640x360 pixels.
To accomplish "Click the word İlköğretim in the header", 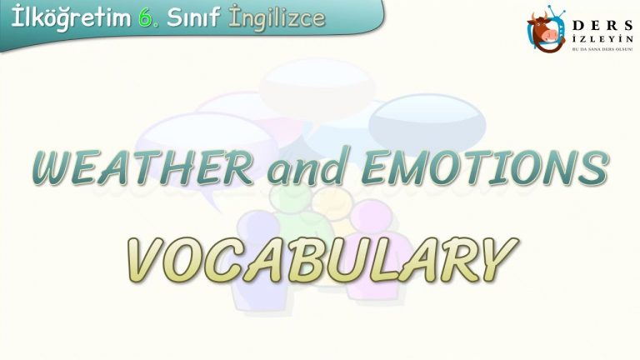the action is click(71, 19).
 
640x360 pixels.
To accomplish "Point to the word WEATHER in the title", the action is click(142, 167).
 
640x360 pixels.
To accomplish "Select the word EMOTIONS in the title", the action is click(485, 167).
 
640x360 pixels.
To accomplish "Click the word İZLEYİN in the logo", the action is click(602, 39).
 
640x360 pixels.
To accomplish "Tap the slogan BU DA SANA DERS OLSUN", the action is click(602, 48).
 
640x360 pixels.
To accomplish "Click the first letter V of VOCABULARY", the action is click(147, 260).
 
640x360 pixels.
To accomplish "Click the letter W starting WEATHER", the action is click(56, 167).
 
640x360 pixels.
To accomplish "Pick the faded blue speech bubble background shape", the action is click(427, 122).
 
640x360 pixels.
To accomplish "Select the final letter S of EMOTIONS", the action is click(594, 167).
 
